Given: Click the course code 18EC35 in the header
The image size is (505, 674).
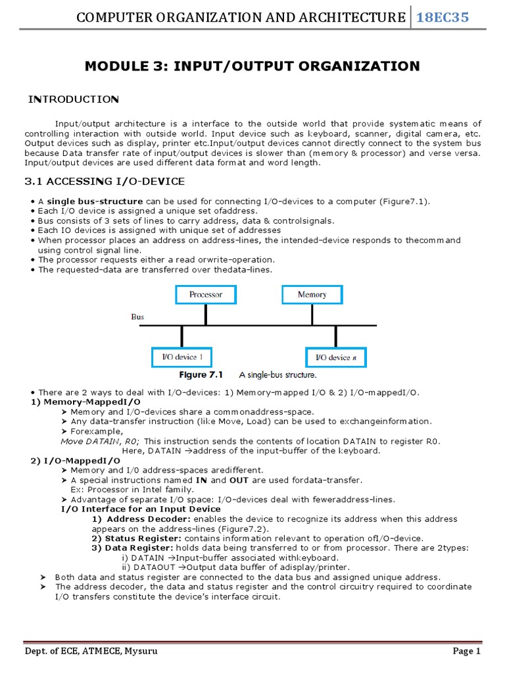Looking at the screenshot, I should click(x=445, y=17).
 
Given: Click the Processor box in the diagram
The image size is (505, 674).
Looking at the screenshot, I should click(x=206, y=294).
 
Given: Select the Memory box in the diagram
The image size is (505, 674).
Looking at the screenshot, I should click(x=312, y=294).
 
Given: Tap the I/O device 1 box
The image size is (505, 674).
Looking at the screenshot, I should click(x=182, y=357).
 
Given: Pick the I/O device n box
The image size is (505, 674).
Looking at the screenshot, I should click(x=335, y=357).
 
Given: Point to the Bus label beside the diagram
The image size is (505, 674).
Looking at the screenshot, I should click(x=137, y=317).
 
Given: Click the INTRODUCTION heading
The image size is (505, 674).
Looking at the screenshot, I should click(x=73, y=99).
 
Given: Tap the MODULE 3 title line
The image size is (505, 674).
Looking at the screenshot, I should click(x=252, y=66).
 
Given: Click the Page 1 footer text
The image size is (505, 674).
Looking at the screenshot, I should click(x=467, y=651).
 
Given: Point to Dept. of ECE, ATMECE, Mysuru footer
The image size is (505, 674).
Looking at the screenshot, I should click(x=91, y=651).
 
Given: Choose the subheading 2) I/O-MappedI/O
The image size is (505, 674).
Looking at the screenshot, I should click(x=76, y=461).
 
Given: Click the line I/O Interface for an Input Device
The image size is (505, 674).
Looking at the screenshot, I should click(x=141, y=509).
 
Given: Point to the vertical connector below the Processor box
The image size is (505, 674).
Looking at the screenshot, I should click(x=206, y=315).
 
